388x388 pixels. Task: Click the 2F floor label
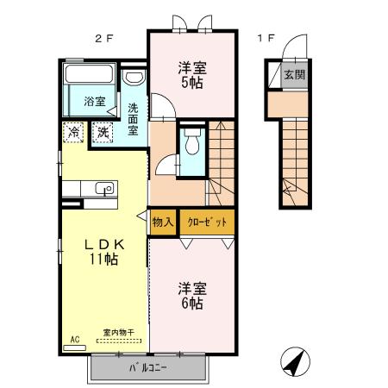click(102, 39)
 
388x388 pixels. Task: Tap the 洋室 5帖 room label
click(191, 76)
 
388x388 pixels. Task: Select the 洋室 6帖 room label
click(191, 296)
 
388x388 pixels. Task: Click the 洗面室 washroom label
click(134, 120)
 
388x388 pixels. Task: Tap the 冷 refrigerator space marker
click(74, 133)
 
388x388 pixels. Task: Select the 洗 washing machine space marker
click(103, 133)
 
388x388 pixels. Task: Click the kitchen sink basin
click(104, 189)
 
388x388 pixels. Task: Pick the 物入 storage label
click(163, 222)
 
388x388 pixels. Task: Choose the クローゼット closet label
click(207, 222)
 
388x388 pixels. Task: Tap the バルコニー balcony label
click(147, 368)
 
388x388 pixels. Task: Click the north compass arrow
click(294, 363)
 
